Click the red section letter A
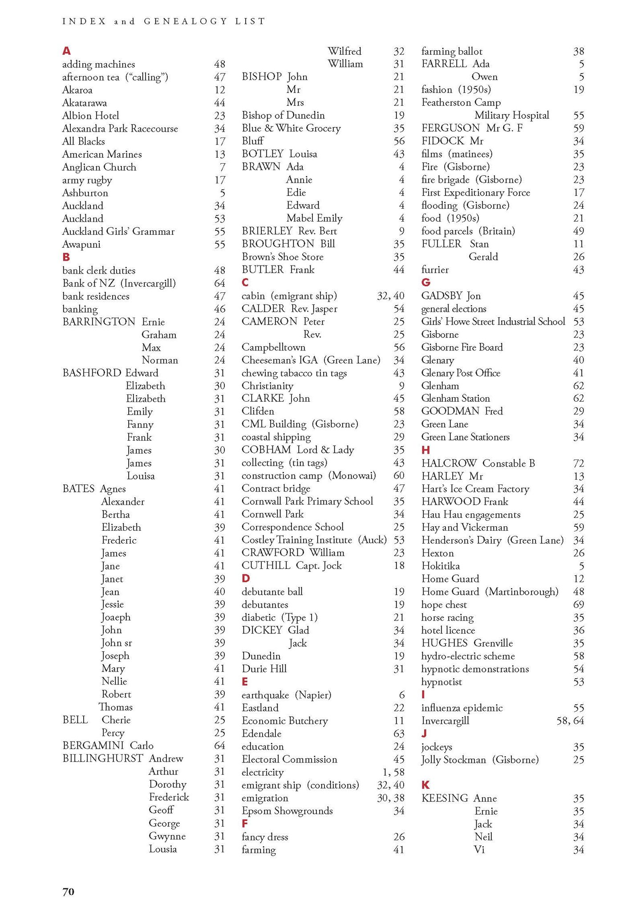point(66,51)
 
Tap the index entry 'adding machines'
point(98,64)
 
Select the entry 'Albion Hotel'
point(91,116)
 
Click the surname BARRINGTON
point(99,322)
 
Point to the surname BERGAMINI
point(93,746)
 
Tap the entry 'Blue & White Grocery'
point(291,129)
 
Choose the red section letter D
point(246,578)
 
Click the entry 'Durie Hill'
point(264,669)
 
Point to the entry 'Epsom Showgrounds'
point(287,810)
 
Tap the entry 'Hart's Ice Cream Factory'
point(475,489)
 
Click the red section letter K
point(425,785)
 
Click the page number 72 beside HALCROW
point(578,464)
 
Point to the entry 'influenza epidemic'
point(462,708)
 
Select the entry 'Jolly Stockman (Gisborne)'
point(480,759)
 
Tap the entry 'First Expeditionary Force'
point(476,193)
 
